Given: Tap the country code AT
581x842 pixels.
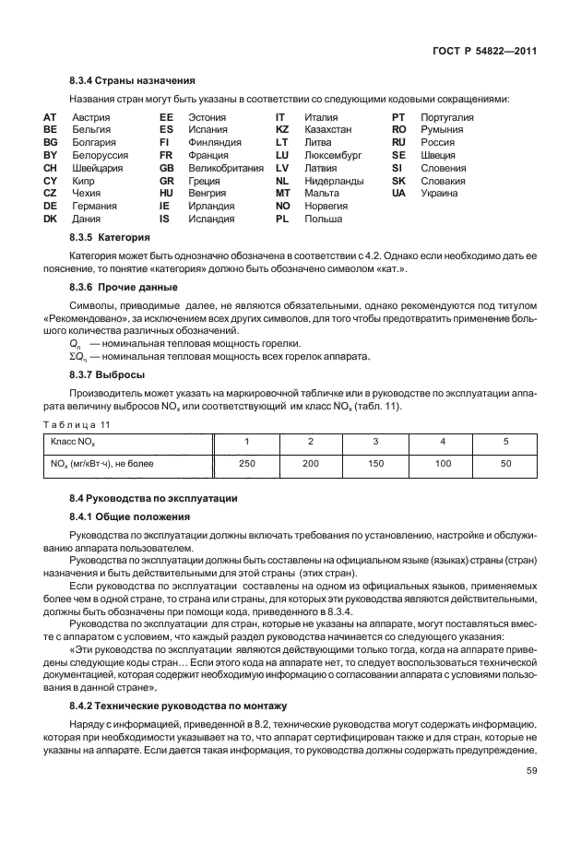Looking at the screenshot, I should tap(51, 118).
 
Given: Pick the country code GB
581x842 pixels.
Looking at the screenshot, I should tap(166, 169).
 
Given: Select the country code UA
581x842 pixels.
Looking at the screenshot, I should tap(398, 194).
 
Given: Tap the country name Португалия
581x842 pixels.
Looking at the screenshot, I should tap(447, 118).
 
